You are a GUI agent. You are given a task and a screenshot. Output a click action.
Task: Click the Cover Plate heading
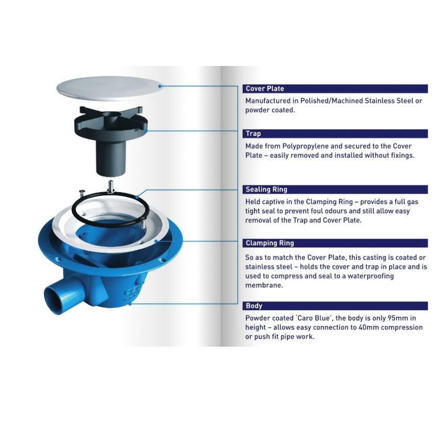(x=265, y=89)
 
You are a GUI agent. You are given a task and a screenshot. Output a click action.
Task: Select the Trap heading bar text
(x=254, y=133)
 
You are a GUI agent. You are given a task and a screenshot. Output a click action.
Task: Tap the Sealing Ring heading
(x=266, y=190)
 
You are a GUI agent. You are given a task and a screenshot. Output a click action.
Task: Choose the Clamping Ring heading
(x=270, y=243)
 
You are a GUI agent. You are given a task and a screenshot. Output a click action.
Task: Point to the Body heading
(x=254, y=306)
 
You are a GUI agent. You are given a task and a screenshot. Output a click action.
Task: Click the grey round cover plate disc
(x=109, y=89)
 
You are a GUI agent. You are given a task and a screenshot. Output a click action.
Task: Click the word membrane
(x=264, y=285)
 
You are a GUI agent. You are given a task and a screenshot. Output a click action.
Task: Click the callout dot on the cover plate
(x=160, y=87)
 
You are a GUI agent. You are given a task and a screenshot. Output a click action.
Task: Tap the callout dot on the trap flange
(x=145, y=130)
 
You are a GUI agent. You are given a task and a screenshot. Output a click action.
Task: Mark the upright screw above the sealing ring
(x=111, y=187)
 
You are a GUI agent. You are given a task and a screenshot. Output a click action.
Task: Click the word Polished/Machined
(x=331, y=101)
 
